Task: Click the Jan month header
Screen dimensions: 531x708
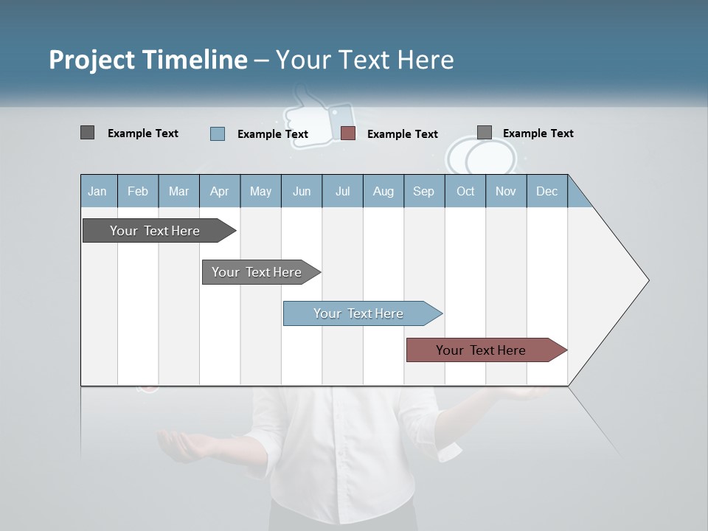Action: coord(97,191)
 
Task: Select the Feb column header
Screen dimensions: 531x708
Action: coord(138,191)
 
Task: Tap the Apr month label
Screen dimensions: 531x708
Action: coord(219,191)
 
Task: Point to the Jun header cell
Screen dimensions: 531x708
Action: coord(302,191)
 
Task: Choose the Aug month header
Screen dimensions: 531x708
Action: coord(383,191)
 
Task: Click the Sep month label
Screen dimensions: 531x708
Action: coord(423,191)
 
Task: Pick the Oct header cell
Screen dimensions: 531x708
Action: coord(465,191)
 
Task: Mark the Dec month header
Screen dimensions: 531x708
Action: coord(546,191)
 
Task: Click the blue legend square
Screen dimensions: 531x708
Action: coord(217,133)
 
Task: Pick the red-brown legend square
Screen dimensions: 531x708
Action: coord(348,133)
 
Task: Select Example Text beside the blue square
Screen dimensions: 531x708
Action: coord(272,134)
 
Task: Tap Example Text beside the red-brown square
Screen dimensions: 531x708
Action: coord(402,134)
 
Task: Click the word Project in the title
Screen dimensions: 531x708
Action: coord(91,60)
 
